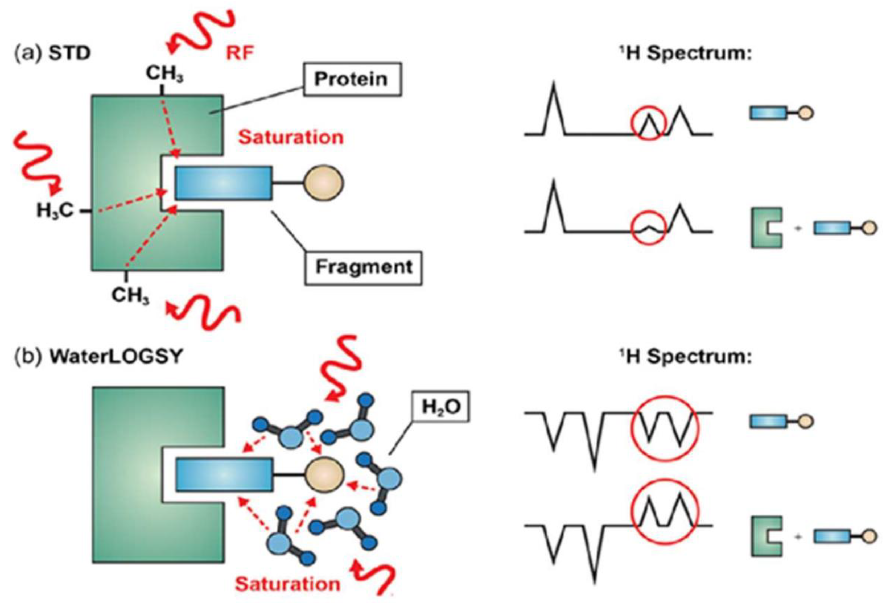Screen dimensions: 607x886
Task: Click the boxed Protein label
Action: [352, 79]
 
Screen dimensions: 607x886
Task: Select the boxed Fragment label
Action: [363, 267]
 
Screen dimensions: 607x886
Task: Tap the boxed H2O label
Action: [441, 407]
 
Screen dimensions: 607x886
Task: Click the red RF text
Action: [240, 53]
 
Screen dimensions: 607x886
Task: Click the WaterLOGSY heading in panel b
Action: [116, 357]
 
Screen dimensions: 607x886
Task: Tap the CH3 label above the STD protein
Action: [164, 74]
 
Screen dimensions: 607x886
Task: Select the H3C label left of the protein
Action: [55, 210]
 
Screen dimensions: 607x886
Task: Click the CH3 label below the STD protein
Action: [130, 295]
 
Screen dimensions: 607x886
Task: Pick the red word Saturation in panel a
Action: [291, 137]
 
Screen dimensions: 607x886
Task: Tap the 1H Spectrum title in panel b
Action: [685, 357]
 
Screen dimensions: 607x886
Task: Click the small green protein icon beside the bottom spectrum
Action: [766, 536]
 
